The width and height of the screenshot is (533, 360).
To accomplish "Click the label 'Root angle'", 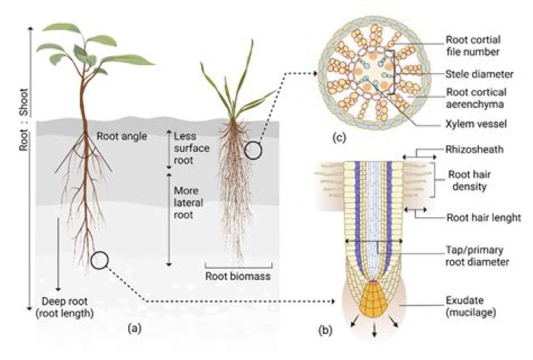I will (121, 136).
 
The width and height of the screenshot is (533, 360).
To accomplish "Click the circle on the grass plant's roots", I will (254, 151).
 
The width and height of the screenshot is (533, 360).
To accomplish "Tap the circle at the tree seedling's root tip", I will (99, 260).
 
